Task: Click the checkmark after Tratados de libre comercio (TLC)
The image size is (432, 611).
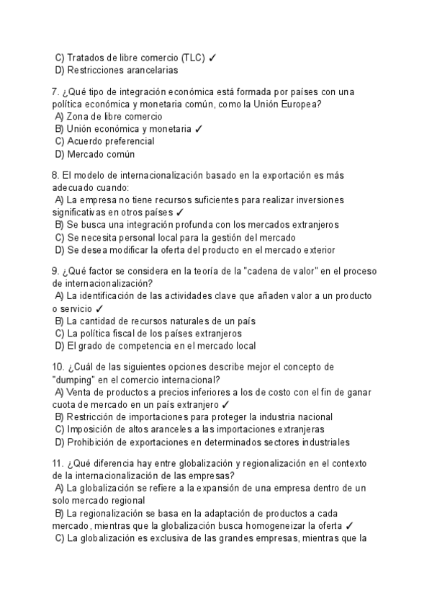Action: [214, 57]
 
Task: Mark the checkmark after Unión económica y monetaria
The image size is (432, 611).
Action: [199, 129]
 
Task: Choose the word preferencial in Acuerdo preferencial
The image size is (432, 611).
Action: [126, 141]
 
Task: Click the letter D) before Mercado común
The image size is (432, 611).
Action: [60, 154]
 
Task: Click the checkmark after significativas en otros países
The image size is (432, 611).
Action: [179, 213]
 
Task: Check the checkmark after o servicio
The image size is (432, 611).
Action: [99, 308]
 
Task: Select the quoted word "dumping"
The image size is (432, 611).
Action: [76, 380]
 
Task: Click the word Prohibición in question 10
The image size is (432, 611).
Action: [95, 442]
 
